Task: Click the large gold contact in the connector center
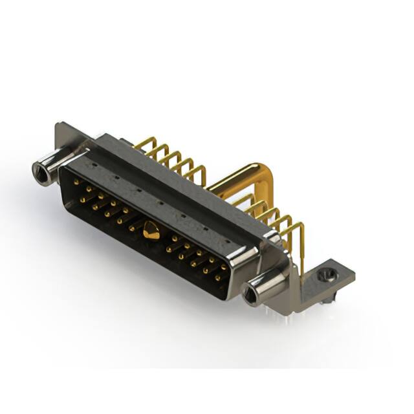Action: click(151, 230)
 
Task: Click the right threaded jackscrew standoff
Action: click(265, 287)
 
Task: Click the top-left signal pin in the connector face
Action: click(77, 183)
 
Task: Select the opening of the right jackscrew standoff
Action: click(250, 297)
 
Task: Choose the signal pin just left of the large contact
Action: click(132, 228)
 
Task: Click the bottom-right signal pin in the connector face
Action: click(218, 278)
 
